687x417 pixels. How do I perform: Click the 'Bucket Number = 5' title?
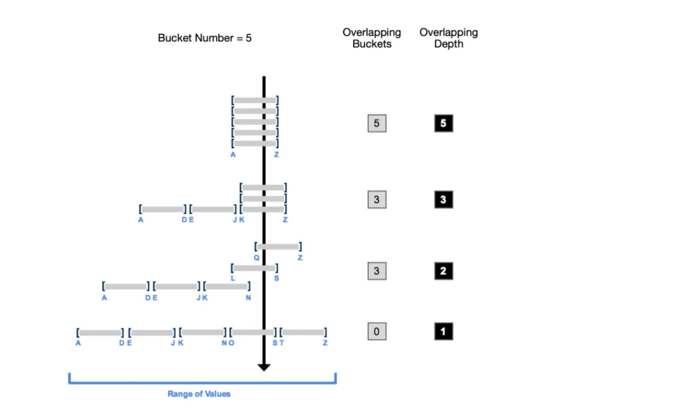205,38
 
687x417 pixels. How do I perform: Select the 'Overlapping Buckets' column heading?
371,38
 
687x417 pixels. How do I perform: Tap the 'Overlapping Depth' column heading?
448,38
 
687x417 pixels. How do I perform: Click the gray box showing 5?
377,124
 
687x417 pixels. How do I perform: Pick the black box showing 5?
443,124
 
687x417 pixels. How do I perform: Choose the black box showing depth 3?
443,199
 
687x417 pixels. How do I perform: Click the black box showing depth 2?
443,271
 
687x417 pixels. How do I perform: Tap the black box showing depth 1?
443,331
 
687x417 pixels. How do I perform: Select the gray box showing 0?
377,331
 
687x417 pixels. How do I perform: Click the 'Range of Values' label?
199,393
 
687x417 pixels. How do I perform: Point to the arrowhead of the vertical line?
264,367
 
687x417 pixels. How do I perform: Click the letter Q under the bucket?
256,257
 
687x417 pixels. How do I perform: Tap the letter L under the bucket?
233,278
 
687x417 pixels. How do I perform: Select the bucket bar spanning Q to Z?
278,246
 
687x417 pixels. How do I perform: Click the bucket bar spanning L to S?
254,268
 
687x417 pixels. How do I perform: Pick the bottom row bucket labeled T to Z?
303,332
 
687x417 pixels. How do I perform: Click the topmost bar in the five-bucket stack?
255,101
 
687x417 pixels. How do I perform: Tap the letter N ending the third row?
248,298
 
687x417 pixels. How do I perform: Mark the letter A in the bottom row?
78,343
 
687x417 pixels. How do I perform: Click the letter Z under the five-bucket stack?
277,154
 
